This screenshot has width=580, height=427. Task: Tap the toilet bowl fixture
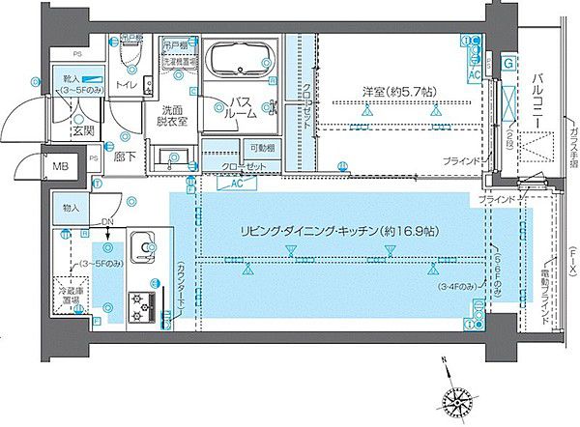[x=130, y=61]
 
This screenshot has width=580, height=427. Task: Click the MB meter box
[x=61, y=166]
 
